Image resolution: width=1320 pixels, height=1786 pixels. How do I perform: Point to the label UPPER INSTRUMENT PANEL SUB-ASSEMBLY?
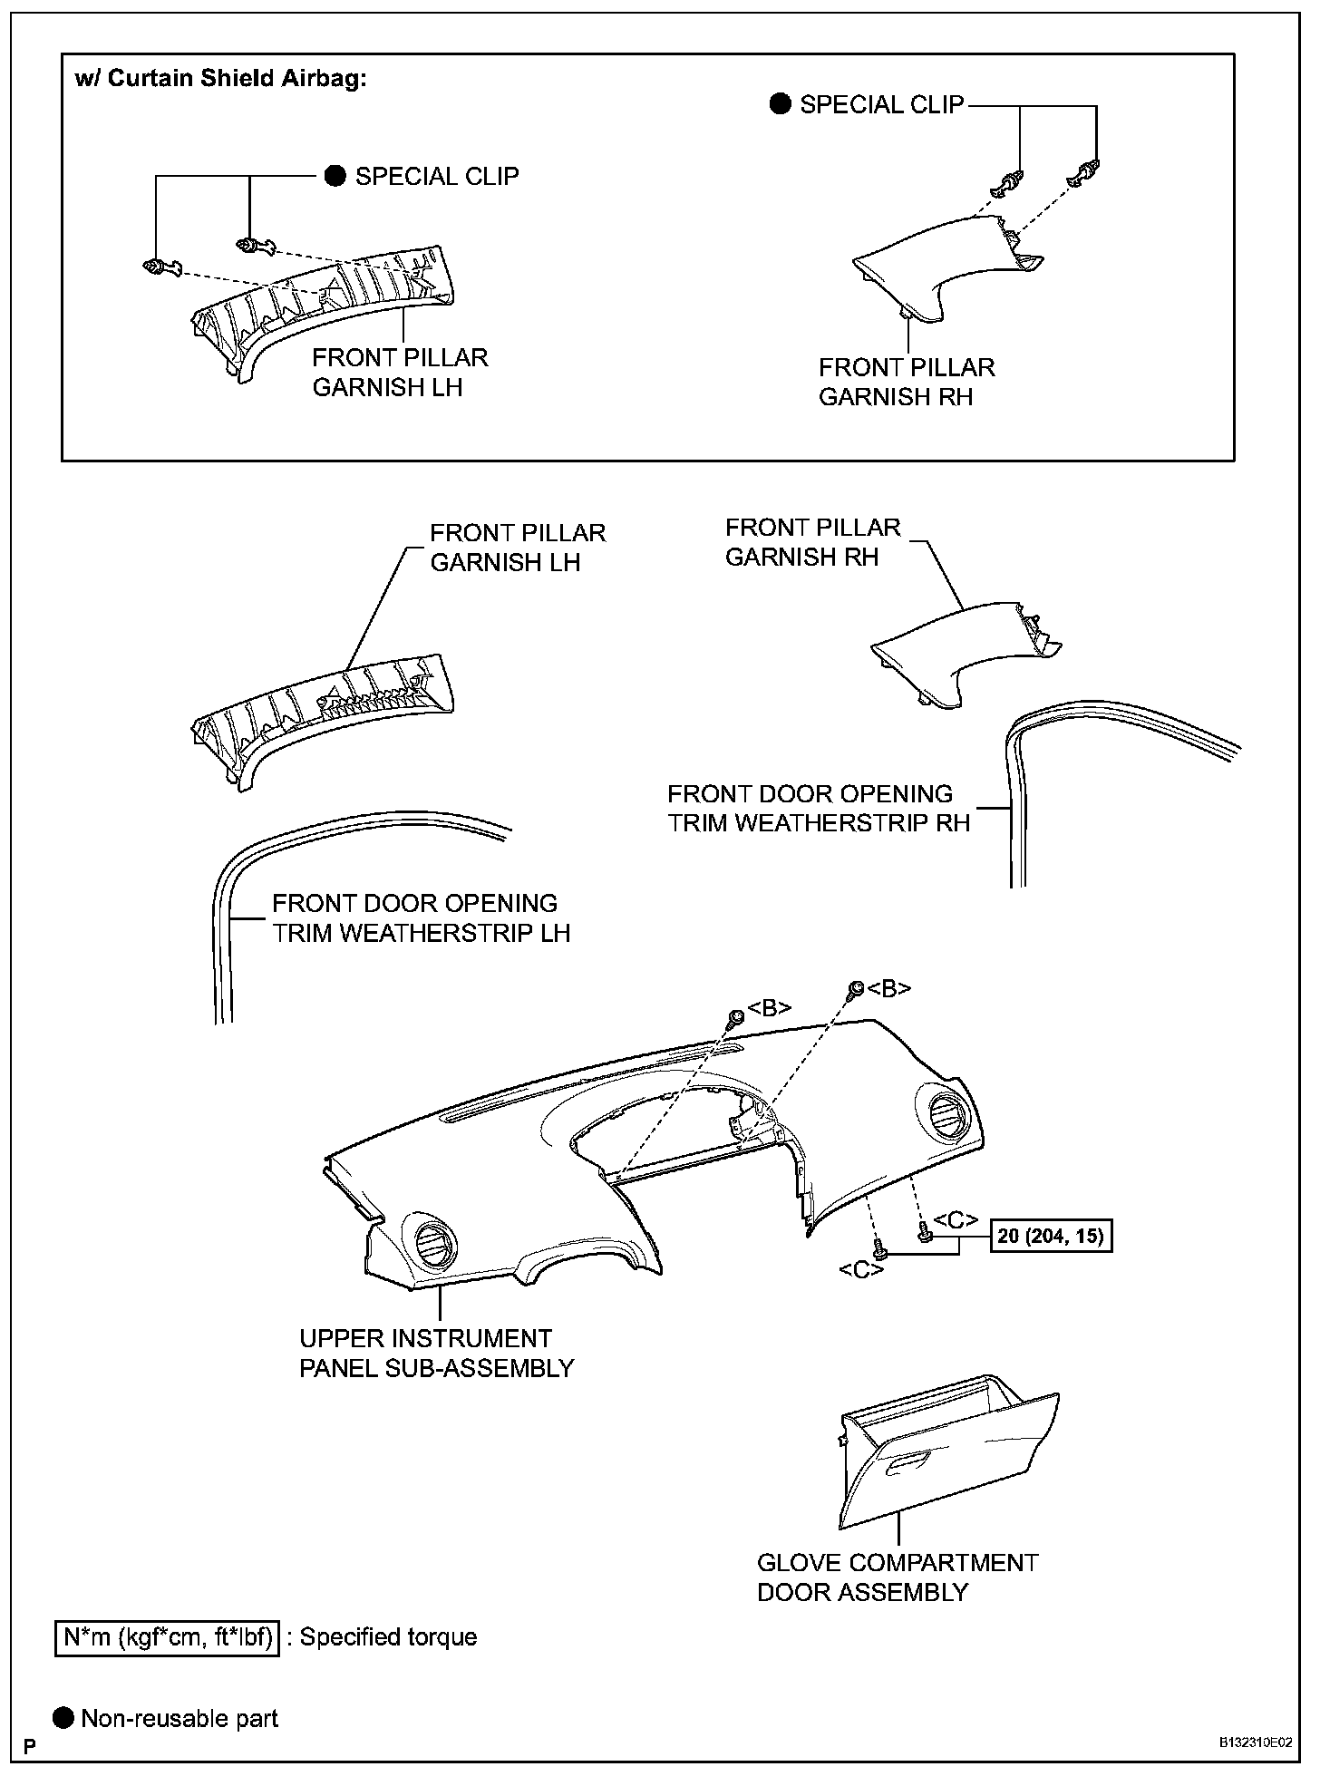436,1353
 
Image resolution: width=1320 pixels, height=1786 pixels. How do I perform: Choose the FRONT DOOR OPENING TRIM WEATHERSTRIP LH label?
421,917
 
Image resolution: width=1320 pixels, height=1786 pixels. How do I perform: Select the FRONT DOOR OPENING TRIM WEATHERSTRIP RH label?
818,808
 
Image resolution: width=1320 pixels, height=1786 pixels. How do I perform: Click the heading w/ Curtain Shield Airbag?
220,78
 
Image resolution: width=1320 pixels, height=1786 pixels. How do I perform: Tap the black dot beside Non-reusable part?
63,1718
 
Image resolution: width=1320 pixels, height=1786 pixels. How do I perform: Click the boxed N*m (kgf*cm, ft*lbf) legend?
168,1637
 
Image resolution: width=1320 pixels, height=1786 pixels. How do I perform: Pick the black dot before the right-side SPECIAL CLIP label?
780,104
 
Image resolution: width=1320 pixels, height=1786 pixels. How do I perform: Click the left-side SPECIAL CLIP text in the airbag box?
436,176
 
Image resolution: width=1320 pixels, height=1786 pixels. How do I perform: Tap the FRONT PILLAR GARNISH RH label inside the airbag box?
906,382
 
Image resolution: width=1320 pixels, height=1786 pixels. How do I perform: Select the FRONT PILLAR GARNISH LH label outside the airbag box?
517,547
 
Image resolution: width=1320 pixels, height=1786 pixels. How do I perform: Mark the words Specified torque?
388,1637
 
